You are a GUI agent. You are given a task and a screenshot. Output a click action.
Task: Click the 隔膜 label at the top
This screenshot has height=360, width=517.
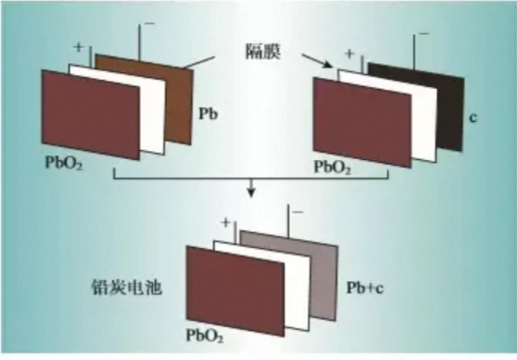point(263,52)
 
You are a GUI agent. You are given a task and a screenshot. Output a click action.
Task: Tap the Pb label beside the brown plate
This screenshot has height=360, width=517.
point(208,114)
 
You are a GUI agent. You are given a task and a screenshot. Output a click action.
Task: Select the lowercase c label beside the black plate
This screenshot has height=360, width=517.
point(473,117)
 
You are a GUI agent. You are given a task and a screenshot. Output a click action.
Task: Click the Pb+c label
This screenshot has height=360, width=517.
point(365,288)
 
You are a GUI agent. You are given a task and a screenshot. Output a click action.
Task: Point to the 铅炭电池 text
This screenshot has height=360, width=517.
point(127,288)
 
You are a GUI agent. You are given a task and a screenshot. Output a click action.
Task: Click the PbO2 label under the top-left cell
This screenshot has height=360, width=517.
point(63,163)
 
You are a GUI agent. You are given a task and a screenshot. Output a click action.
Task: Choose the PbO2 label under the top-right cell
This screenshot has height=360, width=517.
point(332,167)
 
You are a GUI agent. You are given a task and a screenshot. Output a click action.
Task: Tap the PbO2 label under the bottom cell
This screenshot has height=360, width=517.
point(205,336)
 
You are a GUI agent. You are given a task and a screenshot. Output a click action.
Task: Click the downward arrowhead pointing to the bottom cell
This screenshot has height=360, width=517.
point(252,192)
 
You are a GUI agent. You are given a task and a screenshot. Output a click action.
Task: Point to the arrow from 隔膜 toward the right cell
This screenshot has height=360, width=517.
point(317,61)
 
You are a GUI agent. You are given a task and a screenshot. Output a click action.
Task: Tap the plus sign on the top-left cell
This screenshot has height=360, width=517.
point(78,47)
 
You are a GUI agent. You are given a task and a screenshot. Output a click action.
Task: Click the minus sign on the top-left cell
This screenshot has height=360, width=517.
point(149,23)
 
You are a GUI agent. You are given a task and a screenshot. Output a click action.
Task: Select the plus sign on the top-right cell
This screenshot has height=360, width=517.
point(350,54)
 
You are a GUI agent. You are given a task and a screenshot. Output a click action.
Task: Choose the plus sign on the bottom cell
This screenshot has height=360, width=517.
point(226,222)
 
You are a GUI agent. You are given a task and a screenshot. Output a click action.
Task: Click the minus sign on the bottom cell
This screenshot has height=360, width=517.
point(298,212)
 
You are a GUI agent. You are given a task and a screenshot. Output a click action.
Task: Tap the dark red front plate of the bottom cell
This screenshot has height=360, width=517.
point(235,292)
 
